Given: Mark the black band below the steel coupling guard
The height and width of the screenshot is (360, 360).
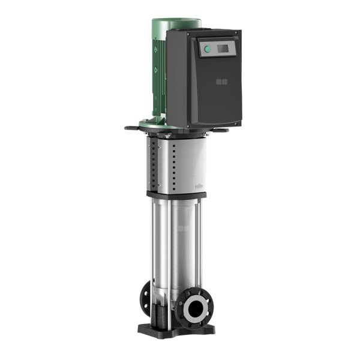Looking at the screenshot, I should click(x=175, y=195).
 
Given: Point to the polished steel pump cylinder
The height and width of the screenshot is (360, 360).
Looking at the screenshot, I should click(x=174, y=246).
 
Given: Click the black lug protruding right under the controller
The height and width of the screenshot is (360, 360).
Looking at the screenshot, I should click(x=220, y=130).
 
